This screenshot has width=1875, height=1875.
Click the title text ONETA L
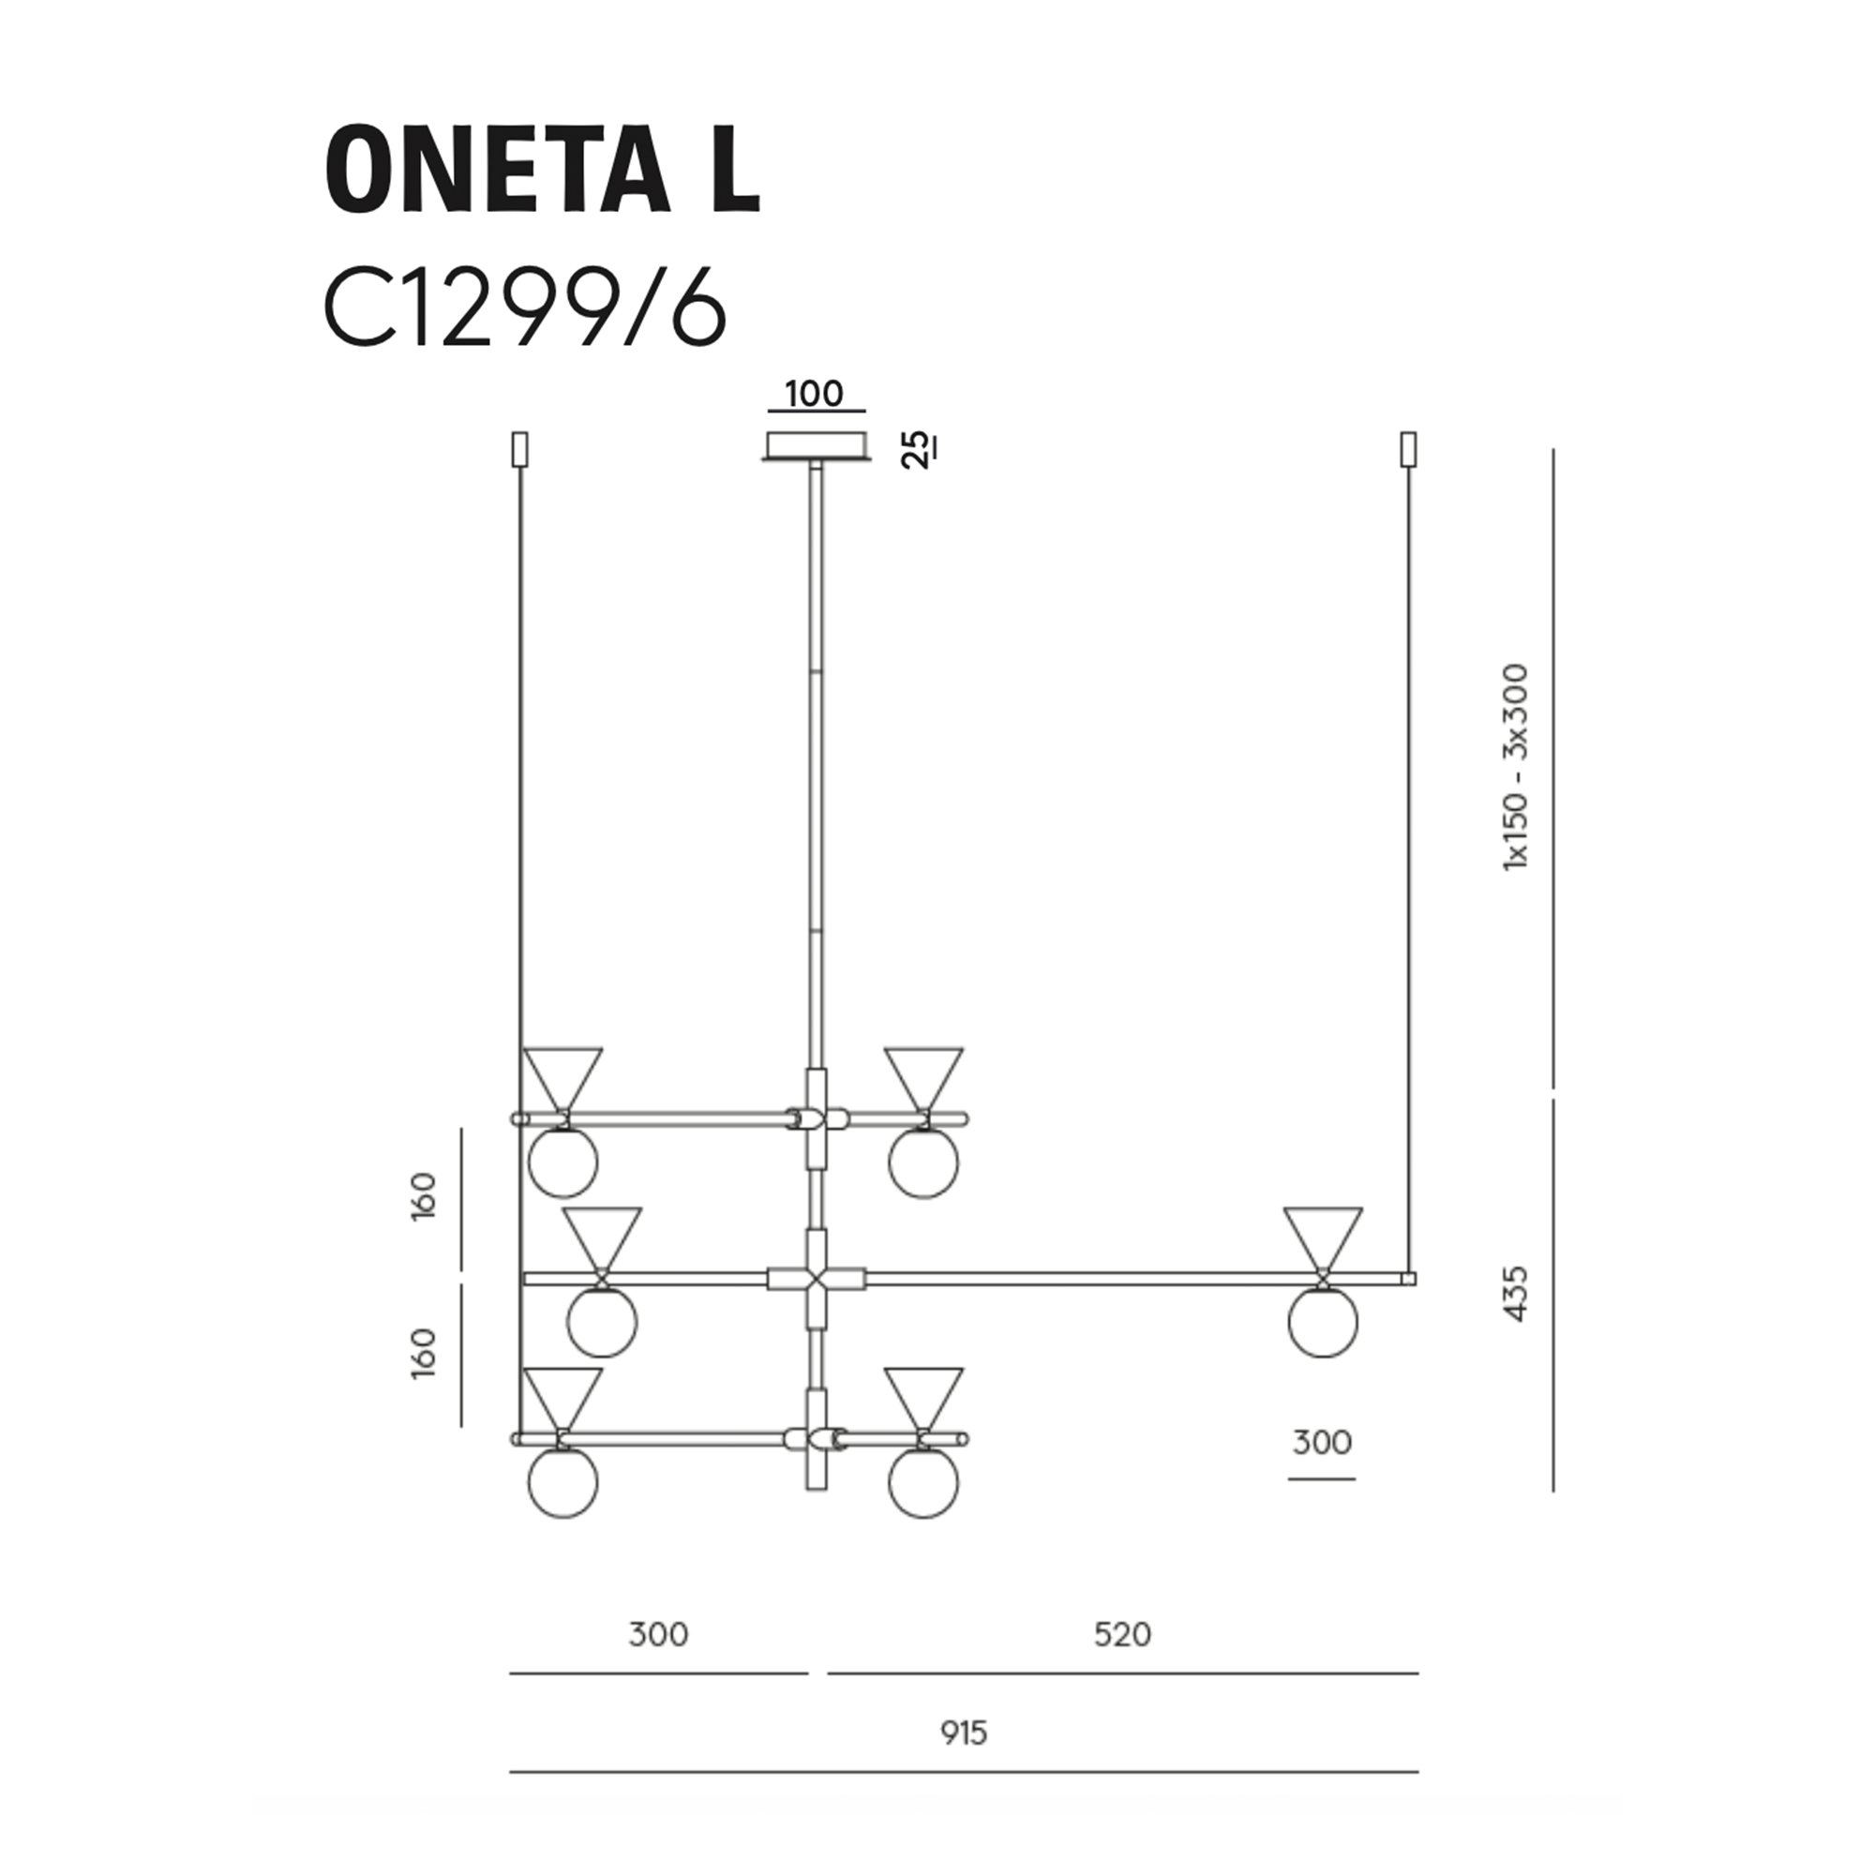pyautogui.click(x=542, y=169)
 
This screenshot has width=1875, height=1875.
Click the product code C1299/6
pyautogui.click(x=525, y=308)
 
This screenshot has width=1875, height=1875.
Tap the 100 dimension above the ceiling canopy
pyautogui.click(x=815, y=394)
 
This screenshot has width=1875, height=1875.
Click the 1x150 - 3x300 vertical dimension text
pyautogui.click(x=1515, y=767)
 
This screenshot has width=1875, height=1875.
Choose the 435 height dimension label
pyautogui.click(x=1515, y=1293)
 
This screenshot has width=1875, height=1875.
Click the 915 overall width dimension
pyautogui.click(x=964, y=1732)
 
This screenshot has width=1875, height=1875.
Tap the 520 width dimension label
pyautogui.click(x=1123, y=1634)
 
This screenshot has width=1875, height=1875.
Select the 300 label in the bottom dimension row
pyautogui.click(x=659, y=1634)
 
